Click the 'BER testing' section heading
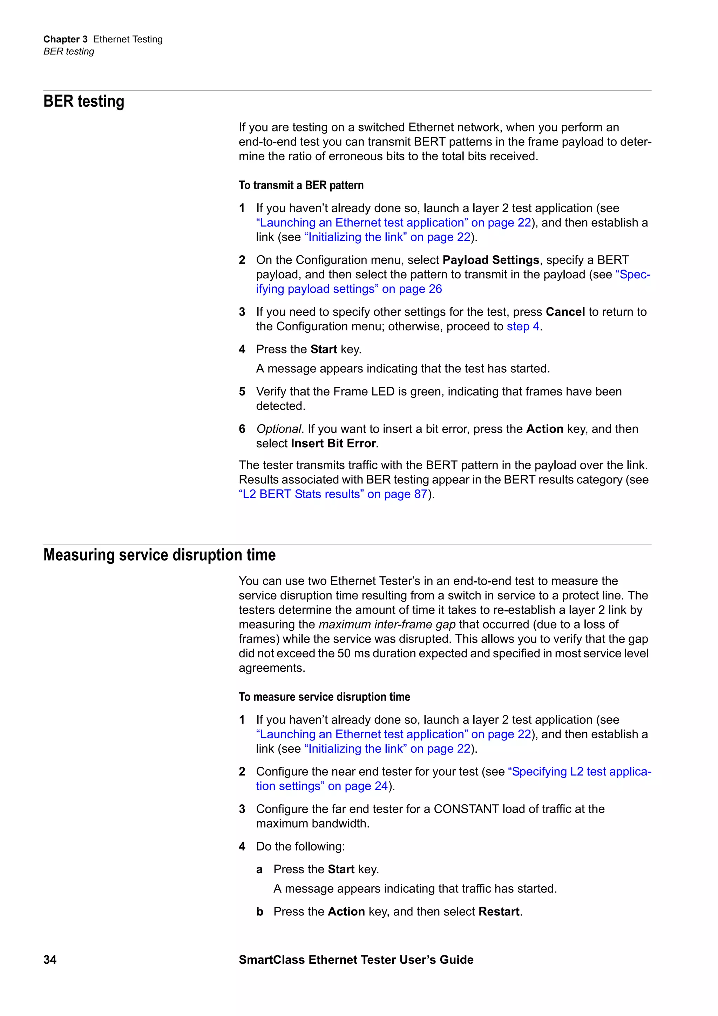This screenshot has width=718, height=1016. coord(83,101)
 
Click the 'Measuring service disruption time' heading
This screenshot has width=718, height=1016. coord(159,555)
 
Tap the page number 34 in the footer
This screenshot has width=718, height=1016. coord(50,959)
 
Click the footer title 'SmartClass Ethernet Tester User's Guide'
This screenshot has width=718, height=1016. coord(356,959)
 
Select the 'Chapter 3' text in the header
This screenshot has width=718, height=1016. coord(65,39)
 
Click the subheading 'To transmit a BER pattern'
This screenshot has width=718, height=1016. coord(301,185)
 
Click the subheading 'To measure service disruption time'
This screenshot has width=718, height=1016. coord(324,697)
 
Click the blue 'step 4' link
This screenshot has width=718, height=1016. coord(523,327)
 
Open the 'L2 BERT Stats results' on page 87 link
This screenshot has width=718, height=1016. coord(333,494)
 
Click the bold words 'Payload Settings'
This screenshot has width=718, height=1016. coord(490,260)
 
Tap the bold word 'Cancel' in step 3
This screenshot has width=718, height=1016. coord(565,312)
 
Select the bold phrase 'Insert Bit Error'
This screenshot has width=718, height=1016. coord(333,443)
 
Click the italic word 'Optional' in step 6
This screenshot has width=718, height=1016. coord(279,429)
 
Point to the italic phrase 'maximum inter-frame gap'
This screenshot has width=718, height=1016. coord(387,624)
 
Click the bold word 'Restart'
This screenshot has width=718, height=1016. coord(499,912)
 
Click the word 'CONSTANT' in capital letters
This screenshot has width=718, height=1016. coord(466,809)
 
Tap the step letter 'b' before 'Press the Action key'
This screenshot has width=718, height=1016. coord(260,912)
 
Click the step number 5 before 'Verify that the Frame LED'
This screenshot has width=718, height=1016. coord(242,392)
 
